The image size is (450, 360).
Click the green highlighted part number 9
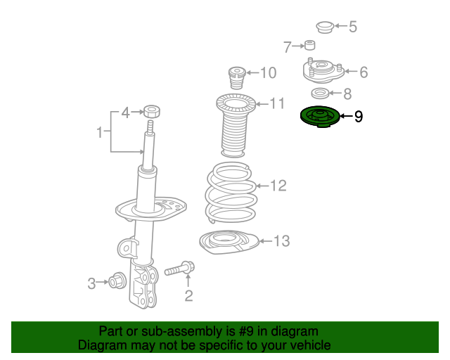(319, 117)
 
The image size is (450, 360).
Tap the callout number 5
(353, 27)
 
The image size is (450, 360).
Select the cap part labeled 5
(324, 27)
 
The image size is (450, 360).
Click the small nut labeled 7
(309, 46)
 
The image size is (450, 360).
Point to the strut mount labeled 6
(322, 71)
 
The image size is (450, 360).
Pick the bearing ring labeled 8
(319, 93)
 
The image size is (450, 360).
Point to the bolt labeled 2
(180, 269)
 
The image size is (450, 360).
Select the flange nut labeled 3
(117, 283)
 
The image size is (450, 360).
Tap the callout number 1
(100, 131)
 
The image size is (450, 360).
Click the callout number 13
(281, 241)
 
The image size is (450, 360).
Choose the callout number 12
(278, 186)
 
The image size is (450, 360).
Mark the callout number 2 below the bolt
(188, 295)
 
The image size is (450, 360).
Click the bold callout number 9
(359, 117)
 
